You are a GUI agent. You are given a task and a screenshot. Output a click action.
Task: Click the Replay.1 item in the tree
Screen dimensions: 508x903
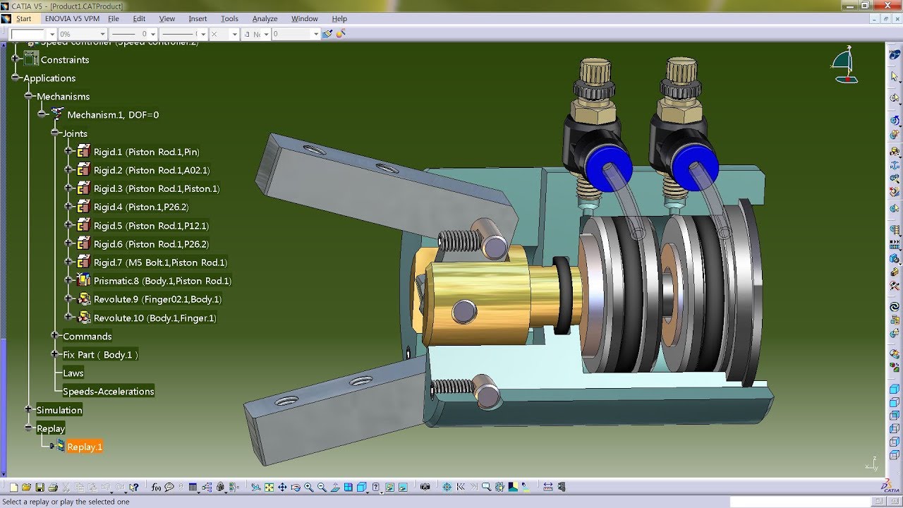tap(84, 447)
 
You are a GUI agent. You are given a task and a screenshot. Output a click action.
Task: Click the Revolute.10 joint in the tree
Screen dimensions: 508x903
tap(154, 318)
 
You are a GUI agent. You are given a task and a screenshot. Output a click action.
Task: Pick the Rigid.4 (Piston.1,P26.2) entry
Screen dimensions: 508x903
tap(141, 207)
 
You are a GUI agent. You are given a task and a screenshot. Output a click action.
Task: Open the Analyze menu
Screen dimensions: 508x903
tap(265, 18)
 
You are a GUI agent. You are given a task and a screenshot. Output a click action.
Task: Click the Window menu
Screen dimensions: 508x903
tap(305, 18)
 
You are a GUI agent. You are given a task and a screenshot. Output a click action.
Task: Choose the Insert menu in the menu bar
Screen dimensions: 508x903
tap(198, 18)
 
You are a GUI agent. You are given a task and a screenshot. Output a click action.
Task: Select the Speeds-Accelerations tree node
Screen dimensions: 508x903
tap(108, 392)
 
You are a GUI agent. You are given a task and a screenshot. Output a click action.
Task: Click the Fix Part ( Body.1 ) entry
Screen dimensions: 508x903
tap(100, 355)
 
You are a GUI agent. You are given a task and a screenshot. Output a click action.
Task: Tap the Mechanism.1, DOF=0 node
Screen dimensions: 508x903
tap(112, 115)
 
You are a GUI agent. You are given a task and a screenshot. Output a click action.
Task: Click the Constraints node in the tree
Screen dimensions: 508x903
tap(64, 60)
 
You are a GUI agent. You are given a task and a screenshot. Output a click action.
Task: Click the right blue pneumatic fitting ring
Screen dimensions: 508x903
tap(694, 169)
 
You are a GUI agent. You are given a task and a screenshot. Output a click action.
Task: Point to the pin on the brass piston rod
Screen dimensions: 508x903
tap(465, 310)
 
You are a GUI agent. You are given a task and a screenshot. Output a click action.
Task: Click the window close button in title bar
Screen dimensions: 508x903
tap(892, 6)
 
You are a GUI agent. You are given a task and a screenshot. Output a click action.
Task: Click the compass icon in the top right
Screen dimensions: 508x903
tap(845, 66)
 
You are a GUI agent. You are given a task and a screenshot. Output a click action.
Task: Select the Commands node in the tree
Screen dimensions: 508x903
tap(87, 337)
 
